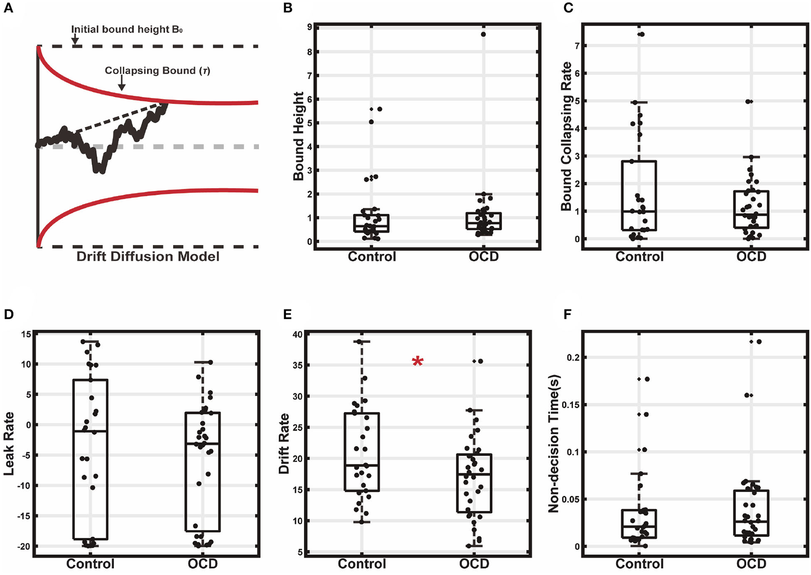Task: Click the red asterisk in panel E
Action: (417, 362)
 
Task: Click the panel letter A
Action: (8, 9)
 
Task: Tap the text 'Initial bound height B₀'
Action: (127, 29)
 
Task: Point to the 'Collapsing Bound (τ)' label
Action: (157, 71)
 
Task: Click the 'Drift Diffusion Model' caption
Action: (148, 256)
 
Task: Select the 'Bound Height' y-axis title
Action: (298, 136)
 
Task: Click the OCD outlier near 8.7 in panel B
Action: (483, 34)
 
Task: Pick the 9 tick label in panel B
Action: (310, 27)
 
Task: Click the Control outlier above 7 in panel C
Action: (642, 34)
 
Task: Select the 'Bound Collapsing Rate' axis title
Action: (566, 136)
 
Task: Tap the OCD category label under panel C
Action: (751, 256)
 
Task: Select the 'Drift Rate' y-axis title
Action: (284, 443)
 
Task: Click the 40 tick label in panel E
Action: (297, 334)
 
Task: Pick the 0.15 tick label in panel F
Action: (563, 405)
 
